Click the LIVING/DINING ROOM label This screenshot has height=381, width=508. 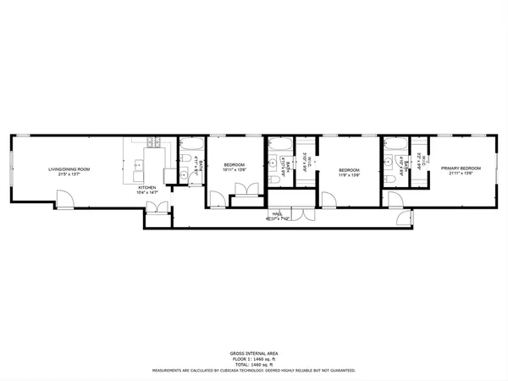(x=69, y=169)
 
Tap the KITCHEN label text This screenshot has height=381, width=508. (x=147, y=187)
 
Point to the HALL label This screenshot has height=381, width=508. (x=277, y=213)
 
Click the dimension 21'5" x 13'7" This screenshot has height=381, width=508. (x=69, y=174)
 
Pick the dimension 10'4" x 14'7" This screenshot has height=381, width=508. (x=147, y=192)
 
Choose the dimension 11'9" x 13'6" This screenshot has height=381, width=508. (x=349, y=175)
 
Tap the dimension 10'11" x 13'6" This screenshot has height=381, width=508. (x=234, y=169)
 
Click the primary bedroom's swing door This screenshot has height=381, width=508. (x=394, y=198)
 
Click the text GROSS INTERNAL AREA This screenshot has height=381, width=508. (x=254, y=352)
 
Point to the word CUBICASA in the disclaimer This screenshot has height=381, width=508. (x=240, y=370)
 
